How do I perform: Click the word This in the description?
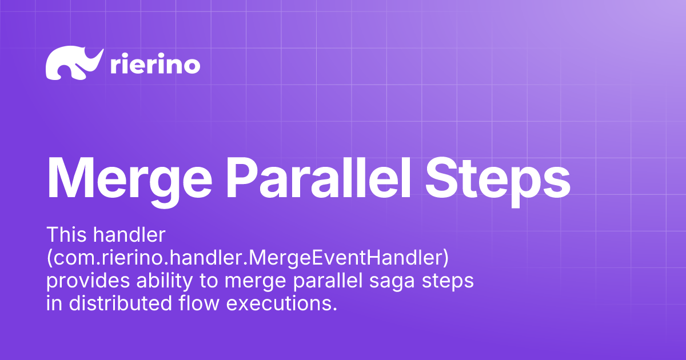65,234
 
